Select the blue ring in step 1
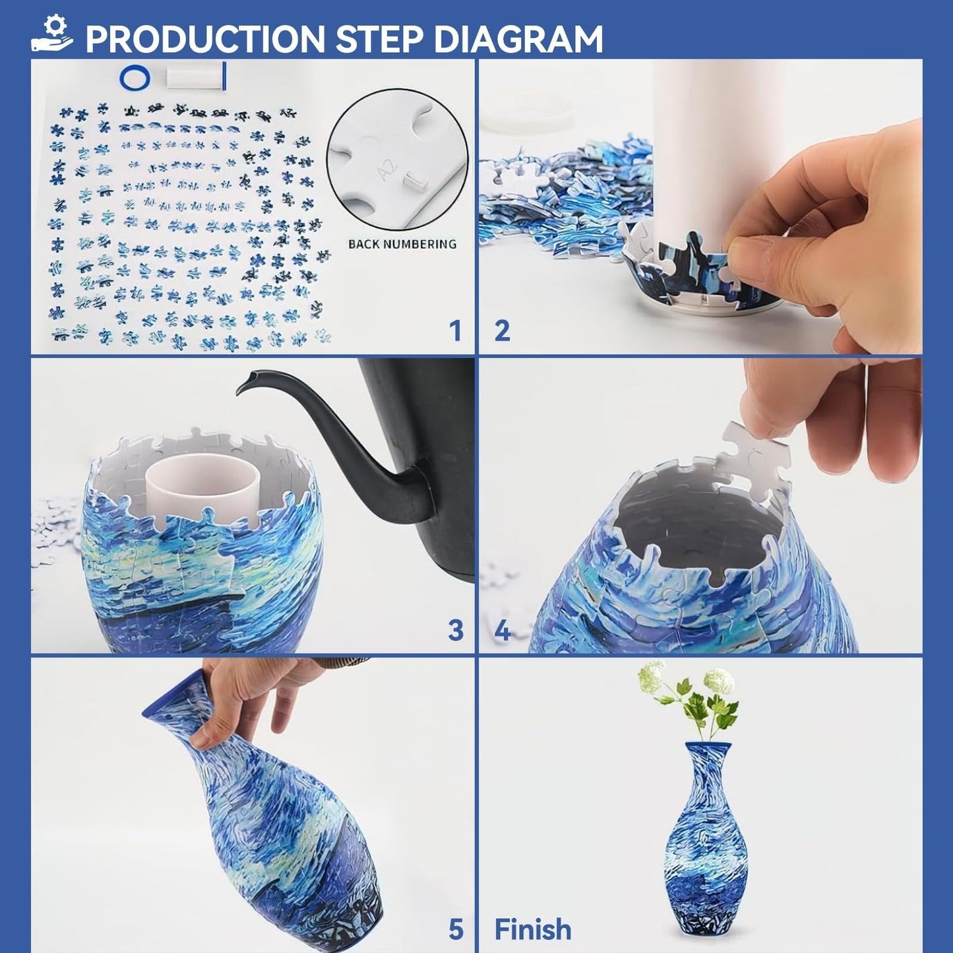(135, 77)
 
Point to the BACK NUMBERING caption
(402, 244)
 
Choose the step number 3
(456, 630)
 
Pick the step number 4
(503, 631)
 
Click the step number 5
(456, 930)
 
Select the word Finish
(533, 930)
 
